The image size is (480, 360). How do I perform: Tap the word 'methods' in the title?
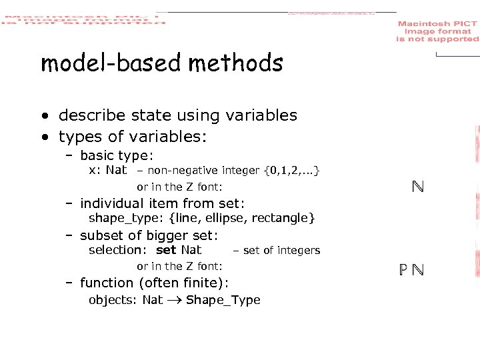(236, 63)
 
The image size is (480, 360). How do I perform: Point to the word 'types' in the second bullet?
(79, 137)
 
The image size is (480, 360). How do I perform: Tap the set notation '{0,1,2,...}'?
(291, 171)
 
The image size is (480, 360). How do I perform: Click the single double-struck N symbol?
(418, 187)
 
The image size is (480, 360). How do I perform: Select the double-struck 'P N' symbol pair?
(411, 270)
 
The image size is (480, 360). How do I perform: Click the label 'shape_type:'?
(127, 218)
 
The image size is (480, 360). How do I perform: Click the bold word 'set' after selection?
(166, 250)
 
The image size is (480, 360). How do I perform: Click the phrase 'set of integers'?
(281, 251)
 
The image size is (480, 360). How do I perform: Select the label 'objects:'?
(113, 300)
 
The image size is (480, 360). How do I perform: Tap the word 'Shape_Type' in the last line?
(223, 300)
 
